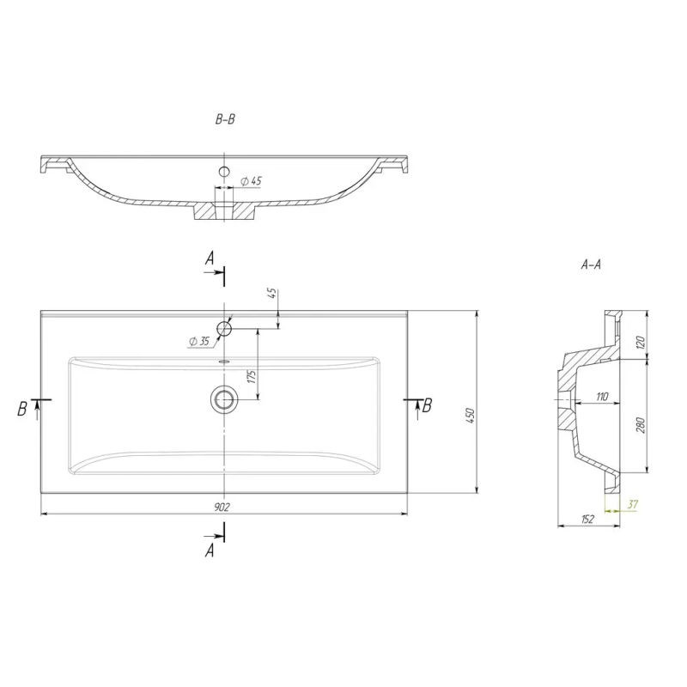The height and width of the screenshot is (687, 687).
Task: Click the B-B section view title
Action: point(225,119)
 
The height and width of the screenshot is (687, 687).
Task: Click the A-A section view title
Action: point(591,264)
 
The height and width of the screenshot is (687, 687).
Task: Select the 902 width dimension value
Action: point(222,507)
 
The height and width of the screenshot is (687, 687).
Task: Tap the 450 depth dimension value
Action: point(470,416)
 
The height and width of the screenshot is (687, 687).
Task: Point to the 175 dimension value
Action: point(252,376)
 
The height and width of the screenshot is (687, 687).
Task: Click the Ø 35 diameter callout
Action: point(199,341)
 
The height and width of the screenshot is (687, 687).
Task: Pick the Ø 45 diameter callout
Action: point(251,180)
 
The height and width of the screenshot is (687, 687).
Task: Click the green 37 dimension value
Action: point(632,504)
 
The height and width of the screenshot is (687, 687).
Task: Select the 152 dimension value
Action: point(587,520)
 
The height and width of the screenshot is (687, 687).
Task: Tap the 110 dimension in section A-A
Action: point(602,397)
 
